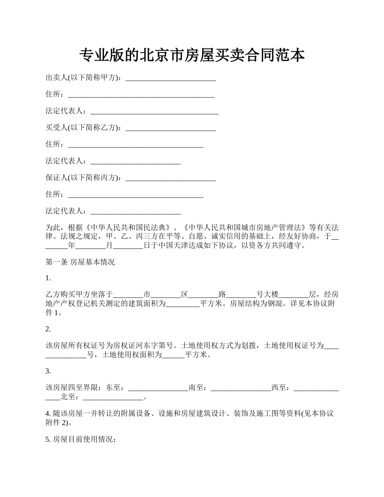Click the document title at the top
(x=192, y=55)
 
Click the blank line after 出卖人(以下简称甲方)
(x=171, y=78)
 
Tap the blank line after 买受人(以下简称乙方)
(x=171, y=128)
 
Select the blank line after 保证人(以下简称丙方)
(x=171, y=178)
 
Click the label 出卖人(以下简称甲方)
(x=83, y=78)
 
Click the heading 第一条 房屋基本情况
(x=80, y=262)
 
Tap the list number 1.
(x=48, y=278)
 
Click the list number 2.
(x=48, y=329)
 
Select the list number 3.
(x=48, y=371)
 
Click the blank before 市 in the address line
(x=128, y=295)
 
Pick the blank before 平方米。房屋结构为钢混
(x=183, y=303)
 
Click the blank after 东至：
(x=158, y=388)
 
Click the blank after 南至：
(x=241, y=388)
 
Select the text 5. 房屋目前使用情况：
(x=81, y=440)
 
